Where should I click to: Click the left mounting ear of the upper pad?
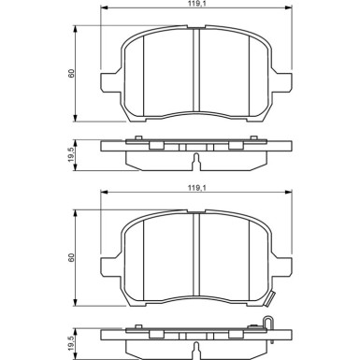click(110, 80)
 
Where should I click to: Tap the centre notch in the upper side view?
click(194, 161)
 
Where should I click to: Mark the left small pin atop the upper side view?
click(138, 140)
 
